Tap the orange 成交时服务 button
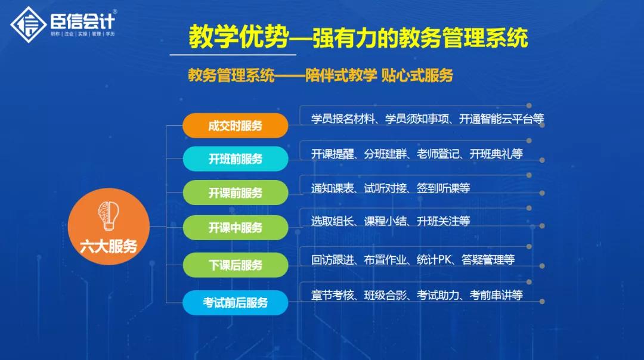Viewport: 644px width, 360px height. coord(235,126)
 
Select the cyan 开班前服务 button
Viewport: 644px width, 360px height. coord(235,159)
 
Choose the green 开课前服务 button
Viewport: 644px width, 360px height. coord(235,193)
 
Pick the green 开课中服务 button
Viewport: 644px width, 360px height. coord(235,228)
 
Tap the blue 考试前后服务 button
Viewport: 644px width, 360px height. coord(235,303)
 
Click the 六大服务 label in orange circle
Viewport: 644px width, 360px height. coord(109,246)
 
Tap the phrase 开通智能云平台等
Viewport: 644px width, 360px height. coord(501,119)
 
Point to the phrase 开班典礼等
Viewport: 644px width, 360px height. coord(496,154)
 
